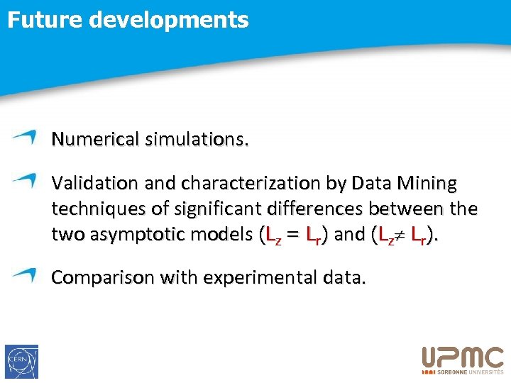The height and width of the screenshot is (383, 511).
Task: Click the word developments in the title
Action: coord(169,20)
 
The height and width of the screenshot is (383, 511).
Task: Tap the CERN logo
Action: coord(21,362)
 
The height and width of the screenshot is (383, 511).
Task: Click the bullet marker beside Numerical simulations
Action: coord(24,137)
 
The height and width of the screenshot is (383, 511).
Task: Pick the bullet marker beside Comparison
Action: coord(24,274)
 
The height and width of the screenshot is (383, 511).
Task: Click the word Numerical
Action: coord(95,139)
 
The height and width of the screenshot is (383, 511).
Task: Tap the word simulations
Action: coord(197,139)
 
